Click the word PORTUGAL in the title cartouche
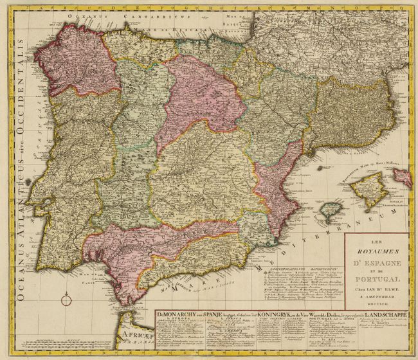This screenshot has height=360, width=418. tap(376, 280)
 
